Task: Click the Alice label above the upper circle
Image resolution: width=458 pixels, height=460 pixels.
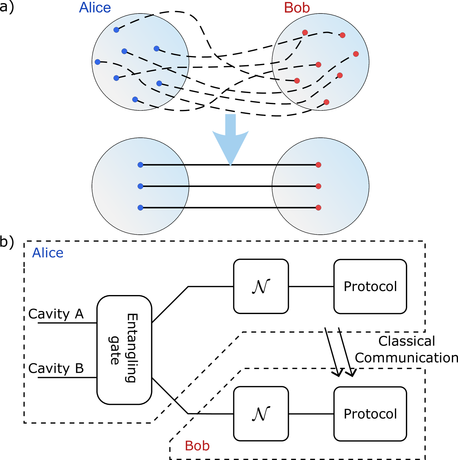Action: [95, 8]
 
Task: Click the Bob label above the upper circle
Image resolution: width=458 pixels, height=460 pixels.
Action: [297, 8]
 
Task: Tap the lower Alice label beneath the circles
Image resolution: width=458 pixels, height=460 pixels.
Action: [48, 253]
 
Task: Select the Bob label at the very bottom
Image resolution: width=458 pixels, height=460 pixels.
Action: [197, 446]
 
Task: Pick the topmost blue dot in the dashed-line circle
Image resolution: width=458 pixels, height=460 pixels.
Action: [116, 30]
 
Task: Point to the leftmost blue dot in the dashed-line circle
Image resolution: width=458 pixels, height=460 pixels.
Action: [98, 62]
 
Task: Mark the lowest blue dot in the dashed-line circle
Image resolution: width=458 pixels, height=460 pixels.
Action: [135, 99]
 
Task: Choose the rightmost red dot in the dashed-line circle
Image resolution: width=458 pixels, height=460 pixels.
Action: [356, 54]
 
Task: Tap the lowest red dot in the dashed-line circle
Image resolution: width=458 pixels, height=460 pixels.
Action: [326, 102]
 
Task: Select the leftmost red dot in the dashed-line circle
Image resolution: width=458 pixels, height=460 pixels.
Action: [297, 81]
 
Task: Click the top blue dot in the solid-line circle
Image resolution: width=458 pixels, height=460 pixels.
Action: [141, 165]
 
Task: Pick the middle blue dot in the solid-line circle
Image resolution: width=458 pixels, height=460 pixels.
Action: [141, 186]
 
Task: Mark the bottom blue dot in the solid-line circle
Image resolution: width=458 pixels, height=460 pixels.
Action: [141, 208]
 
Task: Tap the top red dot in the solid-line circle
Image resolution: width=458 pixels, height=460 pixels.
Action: [318, 165]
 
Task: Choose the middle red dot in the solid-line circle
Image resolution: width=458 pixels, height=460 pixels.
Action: [318, 186]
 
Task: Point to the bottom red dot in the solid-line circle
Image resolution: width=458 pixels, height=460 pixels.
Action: [318, 208]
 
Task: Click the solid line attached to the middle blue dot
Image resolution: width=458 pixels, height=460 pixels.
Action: [165, 186]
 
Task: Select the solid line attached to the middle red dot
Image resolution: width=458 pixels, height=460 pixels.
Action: [294, 186]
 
